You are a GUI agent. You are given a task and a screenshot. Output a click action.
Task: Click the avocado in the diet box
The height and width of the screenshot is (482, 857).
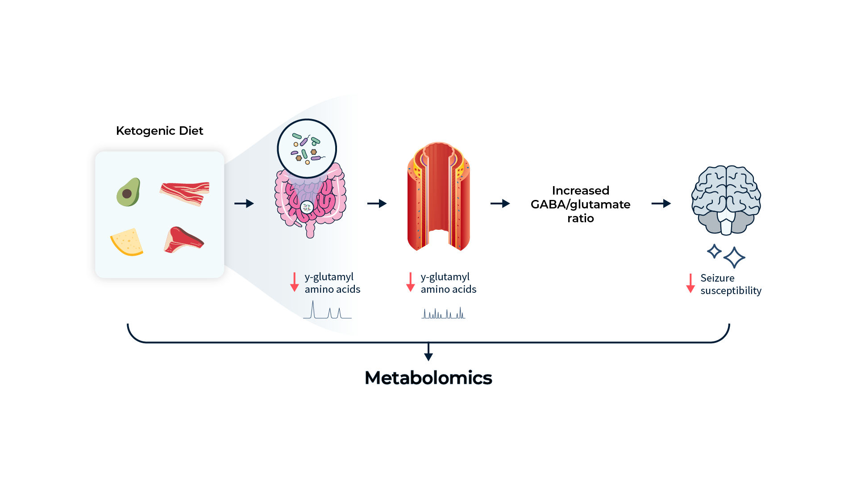(129, 192)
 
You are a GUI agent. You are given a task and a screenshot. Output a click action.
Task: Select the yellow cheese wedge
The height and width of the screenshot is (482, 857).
(127, 242)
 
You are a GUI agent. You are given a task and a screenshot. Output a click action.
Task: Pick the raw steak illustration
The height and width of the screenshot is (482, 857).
(183, 240)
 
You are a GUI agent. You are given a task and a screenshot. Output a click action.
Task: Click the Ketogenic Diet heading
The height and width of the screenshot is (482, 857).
(159, 131)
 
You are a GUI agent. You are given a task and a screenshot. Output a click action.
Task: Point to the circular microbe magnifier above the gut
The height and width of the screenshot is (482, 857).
(307, 149)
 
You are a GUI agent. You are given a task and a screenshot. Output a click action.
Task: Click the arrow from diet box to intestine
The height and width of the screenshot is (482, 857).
(244, 204)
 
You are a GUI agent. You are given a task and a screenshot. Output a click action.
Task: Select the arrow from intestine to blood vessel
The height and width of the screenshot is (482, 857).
(377, 204)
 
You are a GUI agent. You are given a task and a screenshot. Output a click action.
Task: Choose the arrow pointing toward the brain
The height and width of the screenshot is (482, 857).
(661, 204)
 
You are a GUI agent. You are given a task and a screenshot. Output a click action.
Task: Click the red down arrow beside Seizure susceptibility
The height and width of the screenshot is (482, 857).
(690, 283)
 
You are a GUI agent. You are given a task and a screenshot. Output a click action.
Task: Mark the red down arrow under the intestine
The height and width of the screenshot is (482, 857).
(294, 282)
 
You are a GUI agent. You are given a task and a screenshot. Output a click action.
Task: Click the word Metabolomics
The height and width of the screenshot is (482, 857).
(428, 378)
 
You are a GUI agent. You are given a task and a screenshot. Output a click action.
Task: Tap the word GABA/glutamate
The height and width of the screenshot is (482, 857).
(580, 204)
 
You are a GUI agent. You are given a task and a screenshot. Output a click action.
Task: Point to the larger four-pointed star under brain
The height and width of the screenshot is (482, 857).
(734, 258)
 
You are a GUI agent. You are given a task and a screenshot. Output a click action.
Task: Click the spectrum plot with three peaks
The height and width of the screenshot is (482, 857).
(327, 310)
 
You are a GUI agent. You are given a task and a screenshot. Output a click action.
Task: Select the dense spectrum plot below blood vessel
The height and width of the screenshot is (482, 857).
(443, 313)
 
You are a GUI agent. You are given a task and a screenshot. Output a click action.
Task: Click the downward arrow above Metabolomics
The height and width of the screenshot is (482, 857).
(428, 352)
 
